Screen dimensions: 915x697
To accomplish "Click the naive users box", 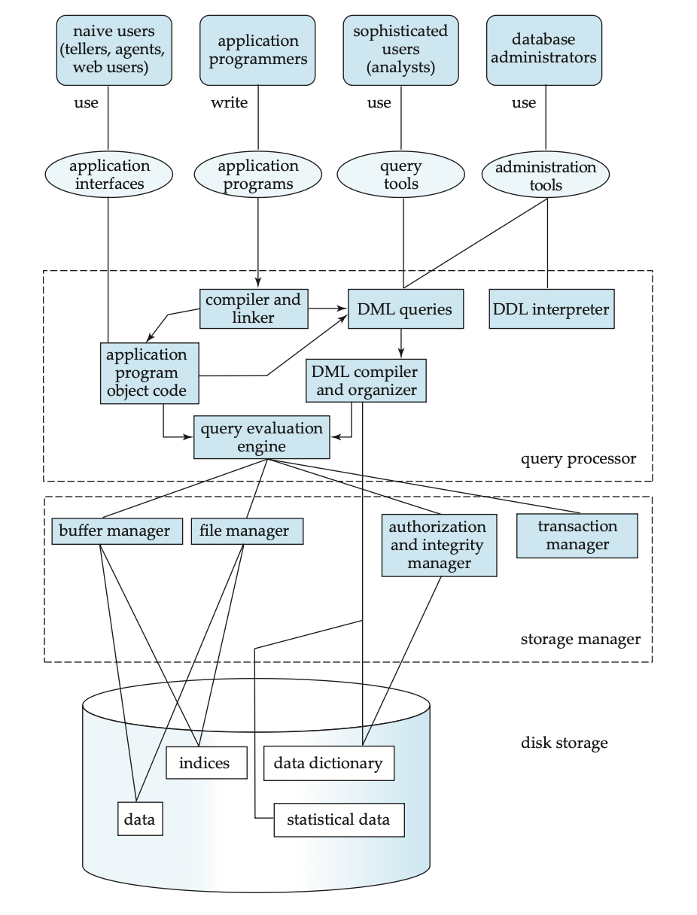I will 114,49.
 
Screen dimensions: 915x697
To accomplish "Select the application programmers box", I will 258,49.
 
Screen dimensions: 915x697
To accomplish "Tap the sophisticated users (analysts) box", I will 400,49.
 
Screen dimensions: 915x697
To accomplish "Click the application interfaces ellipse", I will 109,175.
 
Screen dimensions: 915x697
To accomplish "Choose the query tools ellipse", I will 403,175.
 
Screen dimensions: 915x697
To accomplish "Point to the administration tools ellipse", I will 546,175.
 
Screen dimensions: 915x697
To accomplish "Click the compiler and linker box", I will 255,309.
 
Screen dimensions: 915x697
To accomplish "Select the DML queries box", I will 404,309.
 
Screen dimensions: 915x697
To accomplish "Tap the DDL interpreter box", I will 551,309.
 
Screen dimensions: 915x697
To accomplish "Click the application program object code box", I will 148,372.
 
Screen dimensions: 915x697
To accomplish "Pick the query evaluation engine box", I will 261,437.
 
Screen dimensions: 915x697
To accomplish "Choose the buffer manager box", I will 117,530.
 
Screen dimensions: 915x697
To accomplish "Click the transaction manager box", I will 577,536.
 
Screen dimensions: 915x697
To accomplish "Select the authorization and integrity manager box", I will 439,545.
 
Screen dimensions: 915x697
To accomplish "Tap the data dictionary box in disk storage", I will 328,764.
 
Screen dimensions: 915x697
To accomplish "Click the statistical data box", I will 339,819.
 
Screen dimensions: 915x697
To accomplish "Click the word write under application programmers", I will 229,103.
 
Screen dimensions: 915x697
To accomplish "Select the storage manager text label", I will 580,640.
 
